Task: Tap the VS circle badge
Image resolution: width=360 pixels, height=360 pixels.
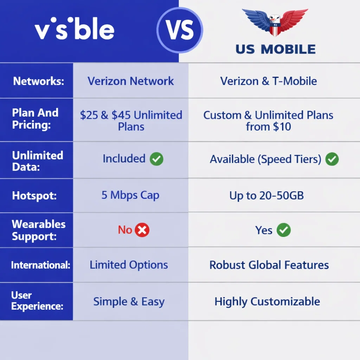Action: (180, 30)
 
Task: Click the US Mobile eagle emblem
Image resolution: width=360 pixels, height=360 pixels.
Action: (275, 23)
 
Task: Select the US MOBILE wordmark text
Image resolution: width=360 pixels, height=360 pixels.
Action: (276, 49)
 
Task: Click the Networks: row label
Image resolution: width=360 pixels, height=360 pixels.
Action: (39, 81)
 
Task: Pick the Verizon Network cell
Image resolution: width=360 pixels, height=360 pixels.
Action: (131, 81)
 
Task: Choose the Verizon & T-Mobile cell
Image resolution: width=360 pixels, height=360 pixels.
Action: (269, 81)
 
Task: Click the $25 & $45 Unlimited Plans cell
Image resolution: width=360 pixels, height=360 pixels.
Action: (131, 121)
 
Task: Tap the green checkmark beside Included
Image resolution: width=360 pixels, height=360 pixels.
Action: (156, 159)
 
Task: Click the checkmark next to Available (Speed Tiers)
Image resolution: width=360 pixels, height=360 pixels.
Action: (332, 159)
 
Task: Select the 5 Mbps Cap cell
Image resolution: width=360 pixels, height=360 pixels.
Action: (130, 195)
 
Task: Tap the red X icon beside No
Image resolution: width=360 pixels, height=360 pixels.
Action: (142, 230)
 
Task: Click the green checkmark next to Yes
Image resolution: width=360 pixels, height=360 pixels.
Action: (283, 231)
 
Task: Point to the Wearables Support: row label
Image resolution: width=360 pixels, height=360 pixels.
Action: (39, 230)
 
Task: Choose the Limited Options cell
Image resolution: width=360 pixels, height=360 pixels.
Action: (129, 265)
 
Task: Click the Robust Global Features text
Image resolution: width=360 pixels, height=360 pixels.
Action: (269, 265)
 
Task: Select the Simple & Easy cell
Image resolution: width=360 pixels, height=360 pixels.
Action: (129, 302)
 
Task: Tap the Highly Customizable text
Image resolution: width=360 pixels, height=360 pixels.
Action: (267, 302)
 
